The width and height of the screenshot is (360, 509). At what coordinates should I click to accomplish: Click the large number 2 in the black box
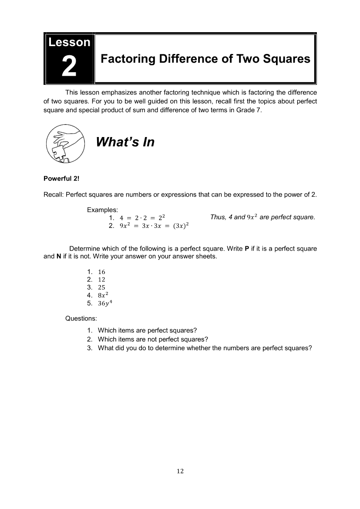coord(69,66)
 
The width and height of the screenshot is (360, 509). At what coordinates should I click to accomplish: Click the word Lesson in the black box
coord(69,42)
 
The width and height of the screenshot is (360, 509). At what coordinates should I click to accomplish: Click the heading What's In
coord(124,142)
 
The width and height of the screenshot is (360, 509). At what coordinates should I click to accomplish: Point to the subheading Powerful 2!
coord(61,179)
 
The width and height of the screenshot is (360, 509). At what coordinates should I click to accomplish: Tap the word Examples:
coord(100,210)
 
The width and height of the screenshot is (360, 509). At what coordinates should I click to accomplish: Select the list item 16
coord(101,272)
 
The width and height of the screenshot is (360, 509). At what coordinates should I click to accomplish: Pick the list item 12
coord(101,280)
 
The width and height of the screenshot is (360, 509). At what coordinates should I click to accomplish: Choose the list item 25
coord(101,288)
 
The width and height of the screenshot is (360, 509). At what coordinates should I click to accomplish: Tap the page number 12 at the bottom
coord(180,471)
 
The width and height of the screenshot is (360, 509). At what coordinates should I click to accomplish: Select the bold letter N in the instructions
coord(59,257)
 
